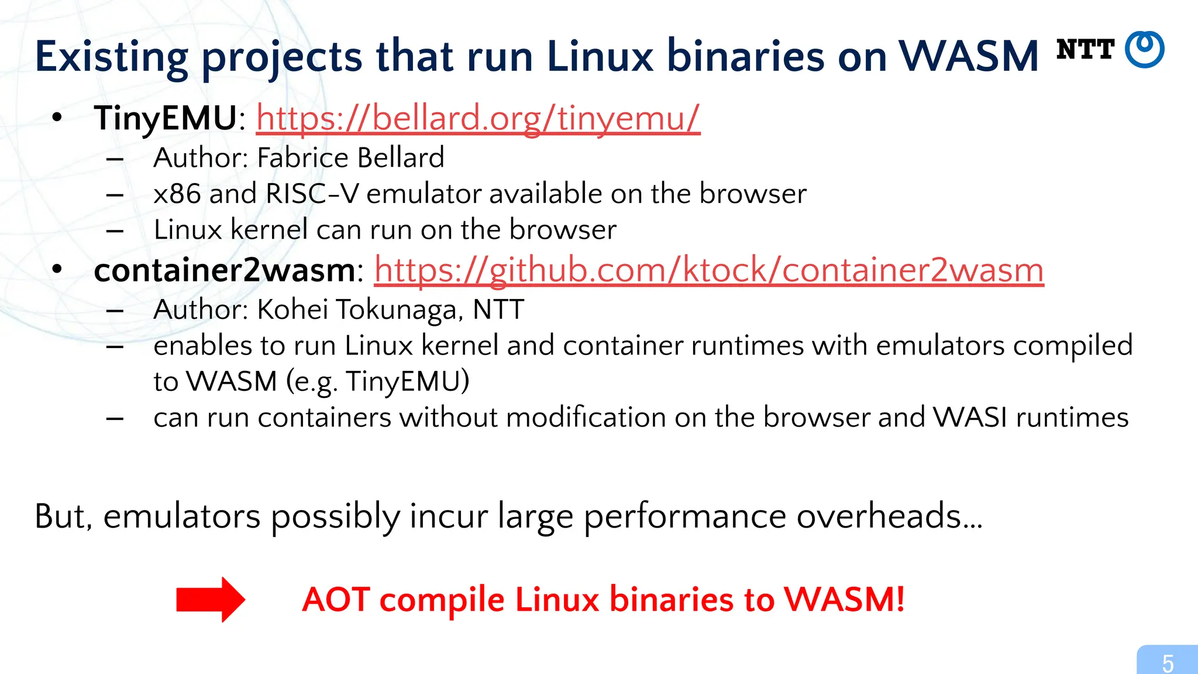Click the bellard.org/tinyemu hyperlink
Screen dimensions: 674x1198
[478, 118]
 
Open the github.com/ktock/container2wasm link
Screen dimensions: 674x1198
[708, 270]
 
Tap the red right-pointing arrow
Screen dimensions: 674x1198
[211, 600]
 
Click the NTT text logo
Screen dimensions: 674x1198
[1085, 50]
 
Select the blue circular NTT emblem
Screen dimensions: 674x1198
[1145, 50]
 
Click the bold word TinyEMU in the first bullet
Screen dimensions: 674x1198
[166, 118]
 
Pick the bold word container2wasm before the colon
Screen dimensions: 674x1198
[225, 270]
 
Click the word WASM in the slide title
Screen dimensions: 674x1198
[968, 57]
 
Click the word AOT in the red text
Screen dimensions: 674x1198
[336, 600]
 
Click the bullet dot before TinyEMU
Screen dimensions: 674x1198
[57, 118]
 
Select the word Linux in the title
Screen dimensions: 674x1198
[600, 57]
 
